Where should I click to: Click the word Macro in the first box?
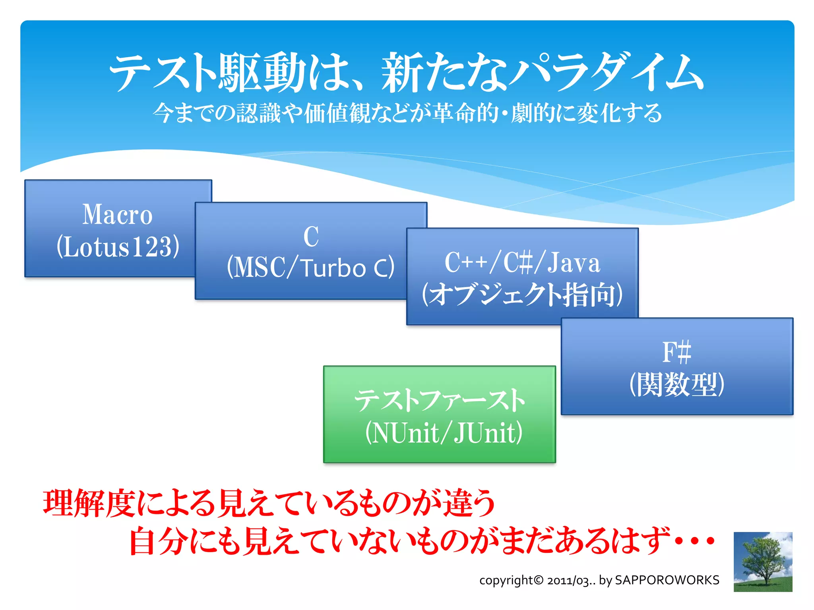(117, 215)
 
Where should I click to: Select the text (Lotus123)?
(118, 247)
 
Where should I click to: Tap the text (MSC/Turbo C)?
(310, 267)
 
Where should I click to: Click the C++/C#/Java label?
(522, 263)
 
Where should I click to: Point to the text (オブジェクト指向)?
(522, 294)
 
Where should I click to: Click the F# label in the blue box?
(676, 352)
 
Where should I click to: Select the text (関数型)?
(677, 384)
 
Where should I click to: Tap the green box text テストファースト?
(440, 400)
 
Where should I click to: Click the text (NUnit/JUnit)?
(444, 433)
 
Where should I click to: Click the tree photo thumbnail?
(763, 562)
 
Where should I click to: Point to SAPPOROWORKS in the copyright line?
(667, 580)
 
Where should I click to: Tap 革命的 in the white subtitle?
(466, 113)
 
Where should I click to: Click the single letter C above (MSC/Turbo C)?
(311, 237)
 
